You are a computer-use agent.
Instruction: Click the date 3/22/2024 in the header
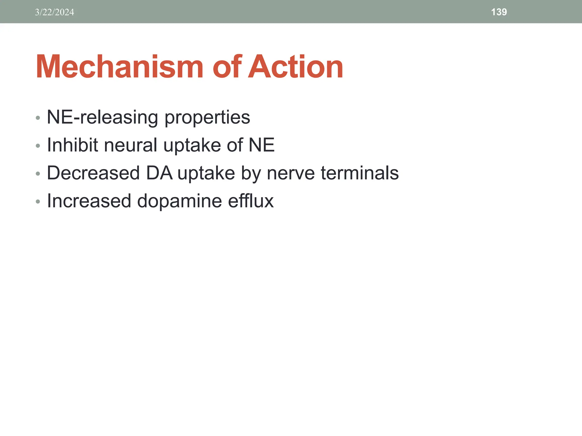[55, 12]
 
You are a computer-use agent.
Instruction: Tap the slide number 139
[499, 12]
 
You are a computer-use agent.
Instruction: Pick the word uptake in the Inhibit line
[192, 145]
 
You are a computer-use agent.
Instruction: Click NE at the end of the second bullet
[261, 145]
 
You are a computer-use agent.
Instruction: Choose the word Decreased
[93, 173]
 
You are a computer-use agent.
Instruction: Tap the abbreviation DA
[159, 173]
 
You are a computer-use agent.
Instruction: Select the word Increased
[89, 201]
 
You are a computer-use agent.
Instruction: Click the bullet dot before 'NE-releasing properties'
[38, 118]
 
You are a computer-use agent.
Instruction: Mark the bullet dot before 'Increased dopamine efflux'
[38, 202]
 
